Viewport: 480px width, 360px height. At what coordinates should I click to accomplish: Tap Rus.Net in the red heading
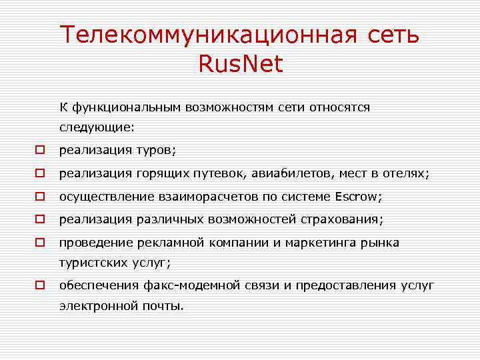tap(240, 64)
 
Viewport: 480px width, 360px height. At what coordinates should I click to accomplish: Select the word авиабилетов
tap(293, 173)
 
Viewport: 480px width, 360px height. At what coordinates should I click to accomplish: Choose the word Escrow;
tap(358, 197)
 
